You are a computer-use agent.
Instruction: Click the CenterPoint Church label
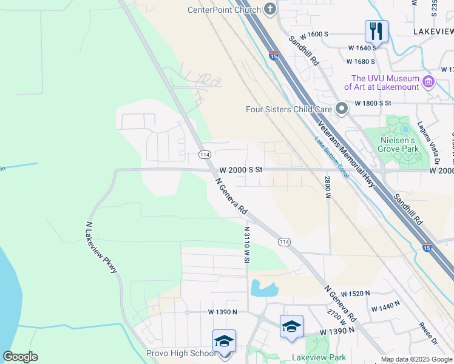(225, 10)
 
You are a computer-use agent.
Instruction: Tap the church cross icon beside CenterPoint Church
(271, 10)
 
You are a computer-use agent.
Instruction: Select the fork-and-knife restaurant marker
(376, 30)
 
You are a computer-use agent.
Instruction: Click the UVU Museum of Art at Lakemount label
(386, 83)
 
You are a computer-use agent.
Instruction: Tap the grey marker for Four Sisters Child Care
(342, 109)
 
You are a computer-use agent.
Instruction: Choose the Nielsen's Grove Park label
(399, 143)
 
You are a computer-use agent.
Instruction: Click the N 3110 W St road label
(247, 245)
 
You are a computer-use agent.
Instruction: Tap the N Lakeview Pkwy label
(101, 247)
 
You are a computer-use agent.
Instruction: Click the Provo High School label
(180, 353)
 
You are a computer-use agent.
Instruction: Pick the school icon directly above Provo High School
(224, 340)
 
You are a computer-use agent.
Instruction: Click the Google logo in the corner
(20, 357)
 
